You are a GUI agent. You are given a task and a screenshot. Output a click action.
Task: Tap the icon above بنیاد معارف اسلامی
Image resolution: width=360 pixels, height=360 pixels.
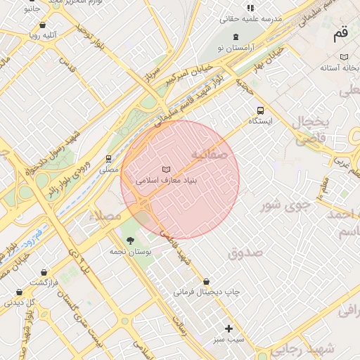167,169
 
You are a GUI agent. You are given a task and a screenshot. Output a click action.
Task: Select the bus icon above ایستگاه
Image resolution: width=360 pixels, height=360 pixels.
261,110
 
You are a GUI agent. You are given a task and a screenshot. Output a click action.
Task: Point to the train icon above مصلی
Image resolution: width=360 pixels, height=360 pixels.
108,159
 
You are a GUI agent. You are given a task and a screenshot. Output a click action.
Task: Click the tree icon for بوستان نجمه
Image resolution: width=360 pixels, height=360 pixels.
130,240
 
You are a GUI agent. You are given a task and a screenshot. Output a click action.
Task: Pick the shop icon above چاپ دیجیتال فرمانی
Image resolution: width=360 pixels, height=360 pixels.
206,281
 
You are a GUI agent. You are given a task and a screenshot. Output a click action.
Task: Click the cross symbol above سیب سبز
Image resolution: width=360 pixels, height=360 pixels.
229,328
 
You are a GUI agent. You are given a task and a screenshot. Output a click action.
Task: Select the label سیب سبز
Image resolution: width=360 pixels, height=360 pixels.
229,339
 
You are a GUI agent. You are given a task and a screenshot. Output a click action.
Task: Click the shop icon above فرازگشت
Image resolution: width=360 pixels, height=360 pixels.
44,272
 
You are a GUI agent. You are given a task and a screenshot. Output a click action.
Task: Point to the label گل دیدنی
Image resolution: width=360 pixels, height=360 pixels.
20,302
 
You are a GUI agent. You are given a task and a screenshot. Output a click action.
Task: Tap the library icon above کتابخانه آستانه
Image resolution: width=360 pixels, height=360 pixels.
344,56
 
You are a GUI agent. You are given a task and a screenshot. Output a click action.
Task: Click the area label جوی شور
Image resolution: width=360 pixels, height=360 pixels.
285,205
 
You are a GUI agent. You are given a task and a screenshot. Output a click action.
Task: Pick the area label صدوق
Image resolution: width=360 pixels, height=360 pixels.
245,252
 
